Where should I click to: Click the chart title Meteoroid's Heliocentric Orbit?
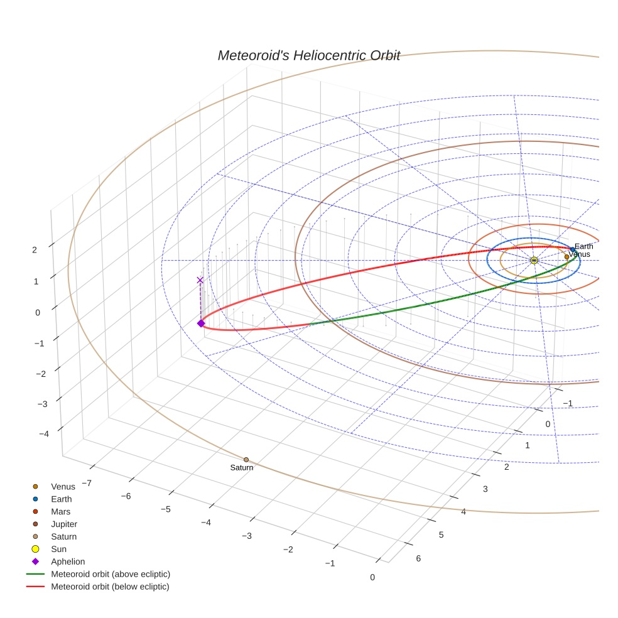point(308,55)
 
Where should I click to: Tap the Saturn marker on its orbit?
point(246,460)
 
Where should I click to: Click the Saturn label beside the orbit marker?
point(242,468)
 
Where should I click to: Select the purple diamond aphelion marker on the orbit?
point(201,323)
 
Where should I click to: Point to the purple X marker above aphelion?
point(200,280)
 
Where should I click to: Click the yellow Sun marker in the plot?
point(534,260)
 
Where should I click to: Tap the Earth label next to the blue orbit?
point(583,246)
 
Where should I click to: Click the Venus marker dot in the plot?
point(566,257)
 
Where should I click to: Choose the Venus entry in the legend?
point(63,487)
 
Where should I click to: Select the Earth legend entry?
point(62,499)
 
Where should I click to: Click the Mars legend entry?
point(60,512)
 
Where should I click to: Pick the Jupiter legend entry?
point(64,524)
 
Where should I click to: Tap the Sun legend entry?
point(58,549)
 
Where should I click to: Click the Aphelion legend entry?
point(68,561)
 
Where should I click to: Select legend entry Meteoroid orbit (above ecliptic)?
point(111,574)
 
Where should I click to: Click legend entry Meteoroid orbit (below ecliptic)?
point(111,587)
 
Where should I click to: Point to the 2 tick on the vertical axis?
point(35,249)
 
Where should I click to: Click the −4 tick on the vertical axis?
point(44,433)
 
